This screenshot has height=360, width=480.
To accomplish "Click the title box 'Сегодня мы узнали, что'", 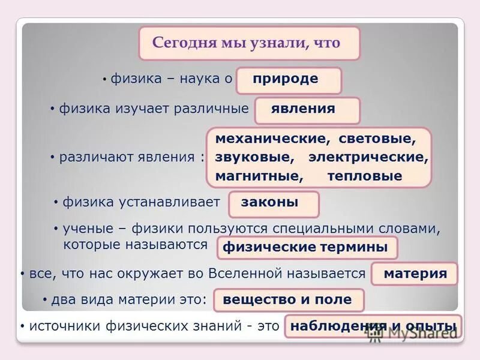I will pyautogui.click(x=249, y=43).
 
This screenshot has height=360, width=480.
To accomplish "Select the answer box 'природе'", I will pyautogui.click(x=289, y=80).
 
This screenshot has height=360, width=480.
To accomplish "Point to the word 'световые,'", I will pyautogui.click(x=377, y=139).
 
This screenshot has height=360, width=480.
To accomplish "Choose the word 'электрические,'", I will pyautogui.click(x=368, y=158).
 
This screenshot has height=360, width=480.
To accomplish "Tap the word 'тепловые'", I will pyautogui.click(x=365, y=176).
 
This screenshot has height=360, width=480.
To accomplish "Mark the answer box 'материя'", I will pyautogui.click(x=415, y=274).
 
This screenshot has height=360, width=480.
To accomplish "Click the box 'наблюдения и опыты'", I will pyautogui.click(x=373, y=326).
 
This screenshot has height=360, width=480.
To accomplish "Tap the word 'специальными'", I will pyautogui.click(x=318, y=229).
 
